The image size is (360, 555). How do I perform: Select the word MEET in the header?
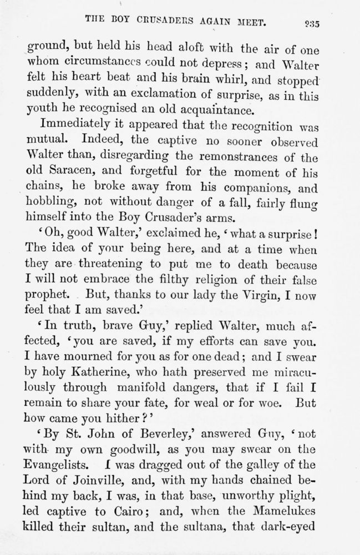click(x=252, y=22)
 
